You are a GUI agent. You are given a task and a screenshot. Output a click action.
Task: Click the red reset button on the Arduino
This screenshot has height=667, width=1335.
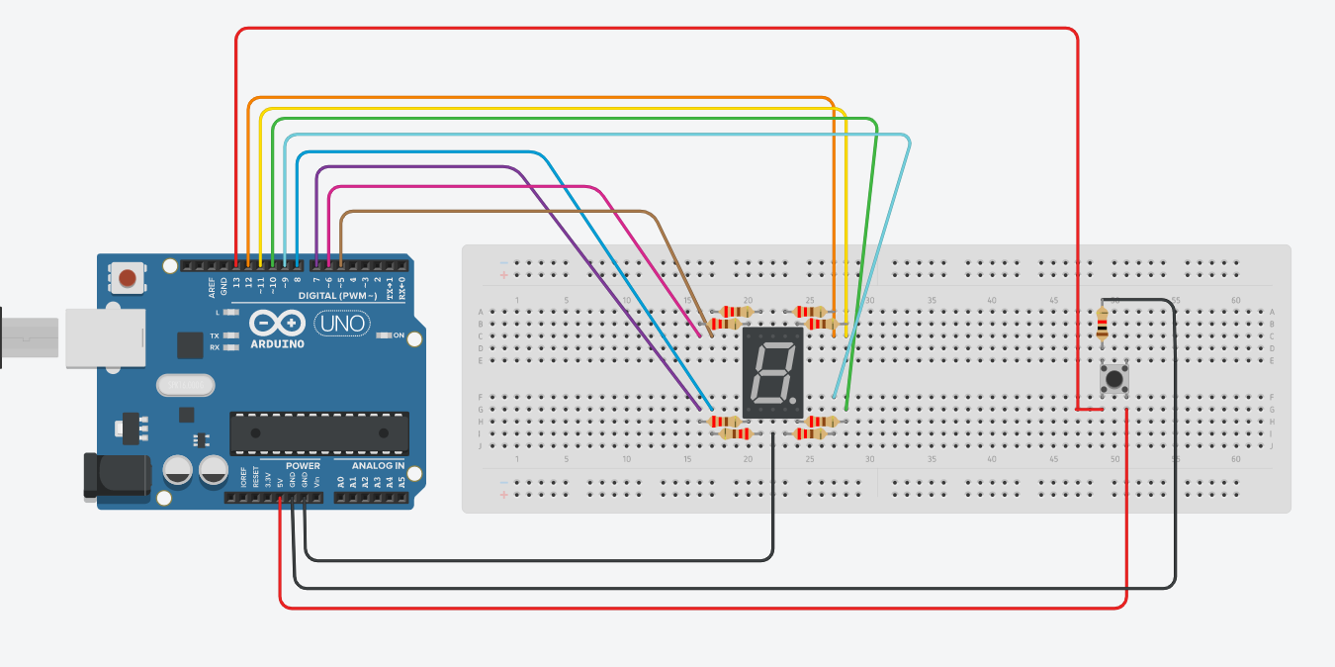click(128, 278)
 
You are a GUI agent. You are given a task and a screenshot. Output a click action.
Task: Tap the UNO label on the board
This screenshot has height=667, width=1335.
click(341, 323)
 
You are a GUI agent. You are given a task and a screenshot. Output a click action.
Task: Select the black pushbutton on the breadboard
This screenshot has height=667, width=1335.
click(1115, 379)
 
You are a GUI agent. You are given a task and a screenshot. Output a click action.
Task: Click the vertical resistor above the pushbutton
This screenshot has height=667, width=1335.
click(1103, 323)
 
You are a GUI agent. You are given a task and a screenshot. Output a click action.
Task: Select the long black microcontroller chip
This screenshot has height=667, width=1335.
click(318, 433)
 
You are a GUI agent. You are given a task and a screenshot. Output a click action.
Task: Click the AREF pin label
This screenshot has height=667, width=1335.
click(212, 288)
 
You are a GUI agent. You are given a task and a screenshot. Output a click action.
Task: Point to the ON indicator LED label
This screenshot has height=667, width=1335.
click(399, 335)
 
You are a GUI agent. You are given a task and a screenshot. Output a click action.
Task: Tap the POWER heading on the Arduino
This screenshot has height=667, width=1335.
click(303, 465)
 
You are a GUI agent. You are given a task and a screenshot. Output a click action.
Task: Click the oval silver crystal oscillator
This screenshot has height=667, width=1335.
click(184, 385)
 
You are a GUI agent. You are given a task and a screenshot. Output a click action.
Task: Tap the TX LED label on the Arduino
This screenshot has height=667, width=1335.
click(215, 335)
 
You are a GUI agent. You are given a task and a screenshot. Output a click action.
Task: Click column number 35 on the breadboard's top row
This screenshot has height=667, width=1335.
click(932, 300)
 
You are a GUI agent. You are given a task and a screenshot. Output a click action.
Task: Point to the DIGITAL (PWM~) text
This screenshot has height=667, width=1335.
click(337, 295)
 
